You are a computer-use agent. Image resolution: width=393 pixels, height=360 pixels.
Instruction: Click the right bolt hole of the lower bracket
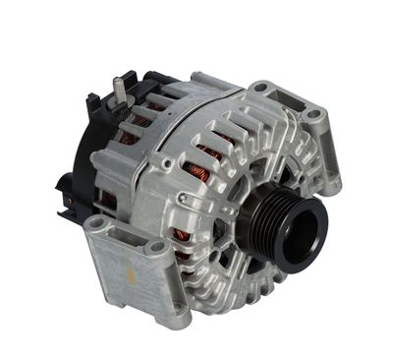(155, 249)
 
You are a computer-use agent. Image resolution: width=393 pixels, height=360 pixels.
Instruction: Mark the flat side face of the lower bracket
(123, 285)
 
